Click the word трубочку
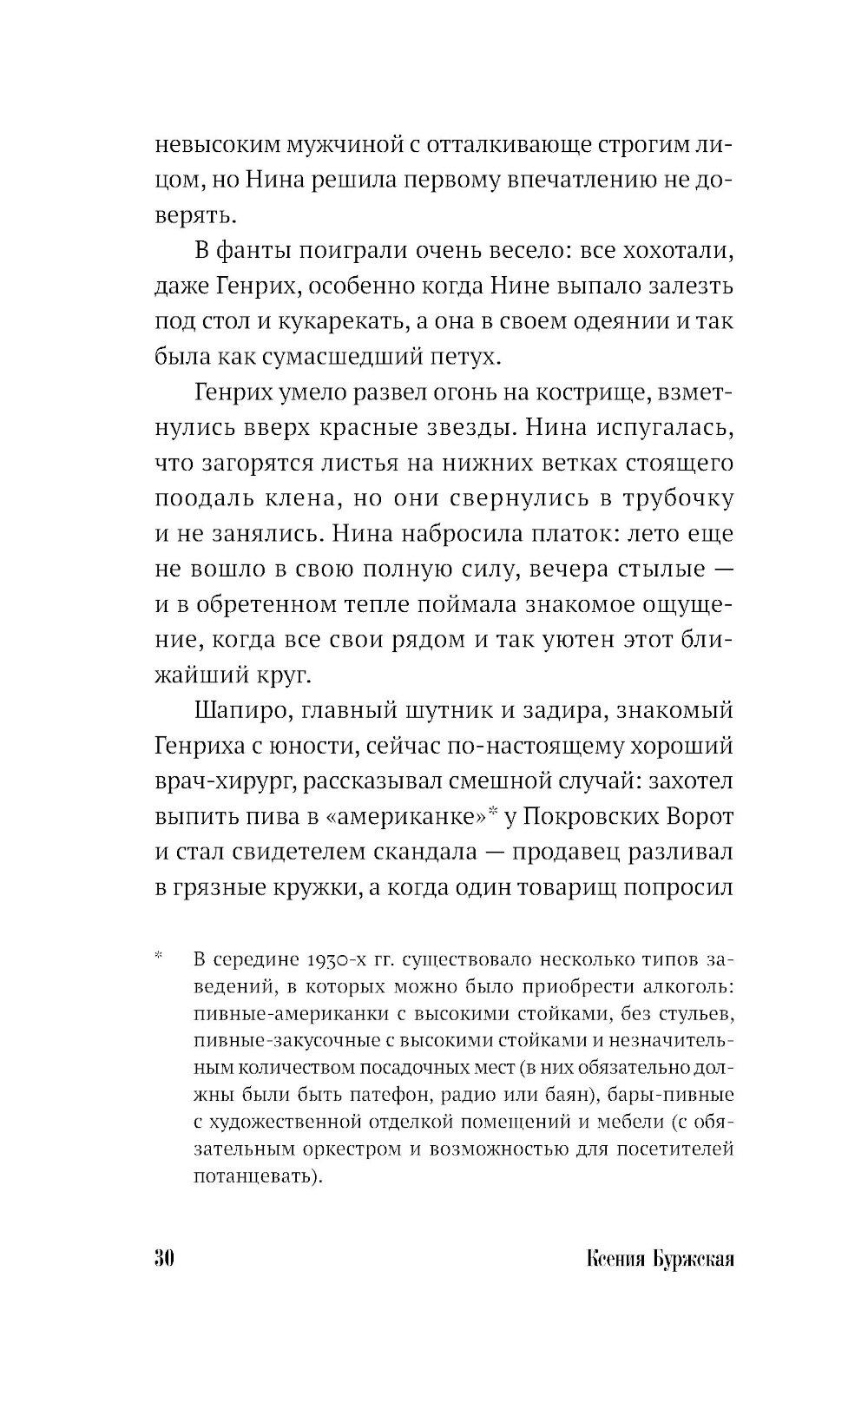pyautogui.click(x=674, y=499)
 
